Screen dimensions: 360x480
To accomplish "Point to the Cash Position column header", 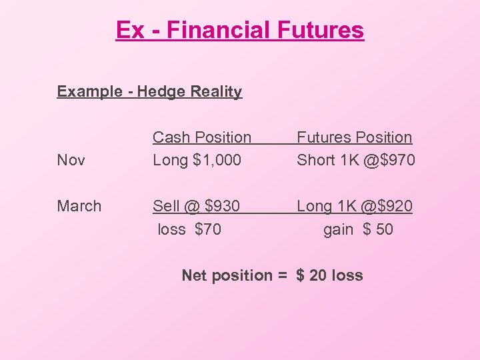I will tap(202, 137).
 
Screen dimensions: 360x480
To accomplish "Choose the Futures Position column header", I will tap(354, 137).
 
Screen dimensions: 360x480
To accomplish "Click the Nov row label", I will tap(71, 160).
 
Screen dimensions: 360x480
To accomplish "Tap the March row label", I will tap(79, 206).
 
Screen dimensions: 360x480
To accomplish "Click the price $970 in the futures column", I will tap(397, 160).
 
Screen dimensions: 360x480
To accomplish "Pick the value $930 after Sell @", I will tap(222, 206).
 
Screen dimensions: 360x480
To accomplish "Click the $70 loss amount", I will tap(208, 229).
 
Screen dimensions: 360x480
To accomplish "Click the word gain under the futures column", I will tap(338, 229).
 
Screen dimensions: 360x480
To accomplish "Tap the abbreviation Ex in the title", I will tap(129, 30).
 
